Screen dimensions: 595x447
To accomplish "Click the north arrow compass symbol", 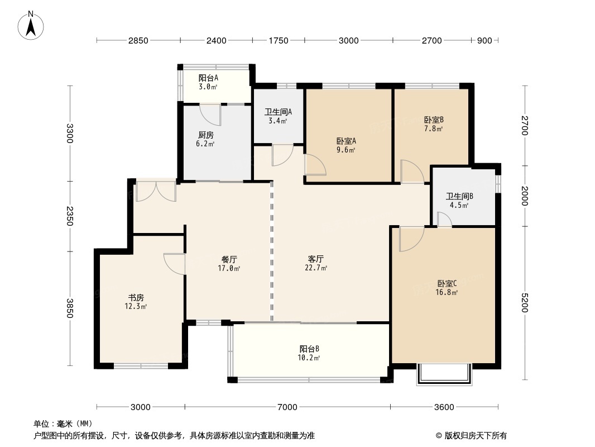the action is (x=31, y=26).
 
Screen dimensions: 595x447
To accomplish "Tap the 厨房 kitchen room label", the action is (x=205, y=135).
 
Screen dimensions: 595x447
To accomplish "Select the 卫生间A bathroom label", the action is (x=278, y=112).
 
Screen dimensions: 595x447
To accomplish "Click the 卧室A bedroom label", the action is (x=346, y=141).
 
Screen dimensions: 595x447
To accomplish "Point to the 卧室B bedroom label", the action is (x=434, y=120).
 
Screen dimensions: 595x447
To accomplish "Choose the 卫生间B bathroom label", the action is (x=459, y=196).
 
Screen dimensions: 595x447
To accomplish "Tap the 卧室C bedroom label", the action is (x=447, y=283).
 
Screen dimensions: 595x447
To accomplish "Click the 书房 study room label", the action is (x=136, y=298).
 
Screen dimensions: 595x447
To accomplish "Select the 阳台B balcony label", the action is (x=309, y=349).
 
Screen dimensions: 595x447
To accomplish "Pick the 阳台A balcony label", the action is (x=208, y=78).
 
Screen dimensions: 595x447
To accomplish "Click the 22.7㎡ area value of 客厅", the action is (x=316, y=268).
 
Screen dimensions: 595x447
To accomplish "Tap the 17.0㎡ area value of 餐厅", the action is (x=229, y=269).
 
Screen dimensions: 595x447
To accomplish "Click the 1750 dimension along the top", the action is (x=279, y=41).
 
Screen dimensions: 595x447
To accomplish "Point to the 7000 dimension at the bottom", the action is (x=287, y=407).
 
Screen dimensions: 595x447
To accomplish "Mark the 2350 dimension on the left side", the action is (x=69, y=216).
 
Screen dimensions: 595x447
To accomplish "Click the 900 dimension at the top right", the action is (x=484, y=41).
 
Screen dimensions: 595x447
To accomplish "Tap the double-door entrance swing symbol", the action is (x=156, y=192).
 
